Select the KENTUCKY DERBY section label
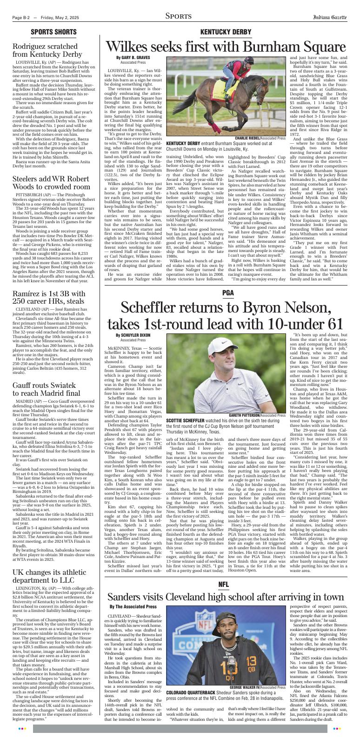pyautogui.click(x=225, y=32)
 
